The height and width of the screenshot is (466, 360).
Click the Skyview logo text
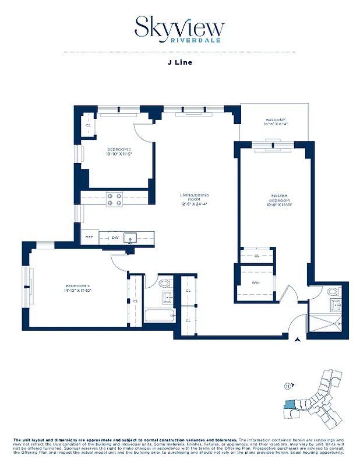pyautogui.click(x=179, y=26)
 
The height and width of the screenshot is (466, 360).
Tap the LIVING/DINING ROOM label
pyautogui.click(x=195, y=199)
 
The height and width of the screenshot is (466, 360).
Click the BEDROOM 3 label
pyautogui.click(x=77, y=287)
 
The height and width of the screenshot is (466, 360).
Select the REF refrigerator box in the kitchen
pyautogui.click(x=89, y=237)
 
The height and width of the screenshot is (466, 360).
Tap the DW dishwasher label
pyautogui.click(x=115, y=237)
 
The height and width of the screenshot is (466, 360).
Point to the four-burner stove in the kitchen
pyautogui.click(x=114, y=200)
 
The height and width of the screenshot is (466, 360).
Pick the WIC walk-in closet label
pyautogui.click(x=255, y=284)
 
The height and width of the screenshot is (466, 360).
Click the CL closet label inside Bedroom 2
pyautogui.click(x=89, y=125)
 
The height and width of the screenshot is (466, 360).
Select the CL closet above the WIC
pyautogui.click(x=257, y=256)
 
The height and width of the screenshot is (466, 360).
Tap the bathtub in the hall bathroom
pyautogui.click(x=159, y=317)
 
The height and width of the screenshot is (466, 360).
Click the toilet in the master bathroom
pyautogui.click(x=333, y=291)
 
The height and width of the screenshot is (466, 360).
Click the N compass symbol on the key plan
pyautogui.click(x=287, y=386)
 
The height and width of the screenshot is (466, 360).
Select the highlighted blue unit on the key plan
pyautogui.click(x=290, y=407)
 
